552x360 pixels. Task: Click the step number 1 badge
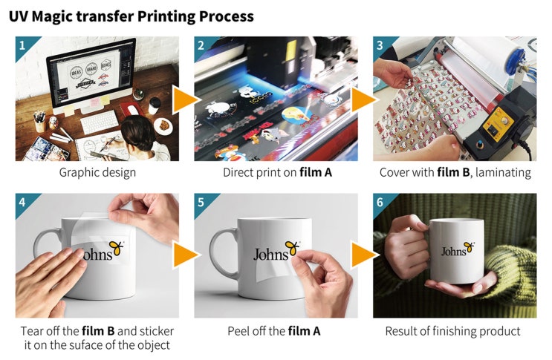tap(22, 45)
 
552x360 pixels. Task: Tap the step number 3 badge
tap(380, 45)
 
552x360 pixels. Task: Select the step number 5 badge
tap(201, 203)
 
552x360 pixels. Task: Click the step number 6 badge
tap(380, 203)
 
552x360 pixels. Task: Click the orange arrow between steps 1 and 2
tap(185, 100)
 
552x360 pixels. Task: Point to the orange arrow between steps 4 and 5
tap(185, 255)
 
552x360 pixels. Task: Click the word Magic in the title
tap(61, 17)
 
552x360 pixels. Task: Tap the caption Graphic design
tap(97, 173)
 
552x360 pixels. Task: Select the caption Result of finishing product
tap(452, 331)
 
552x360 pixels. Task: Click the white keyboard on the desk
tap(100, 122)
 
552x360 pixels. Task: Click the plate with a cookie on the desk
tap(163, 125)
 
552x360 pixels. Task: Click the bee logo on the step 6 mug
tap(470, 247)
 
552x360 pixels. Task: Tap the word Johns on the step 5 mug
tap(270, 254)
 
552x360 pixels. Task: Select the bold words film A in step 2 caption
tap(316, 172)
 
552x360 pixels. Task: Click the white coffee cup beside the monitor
tap(154, 105)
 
